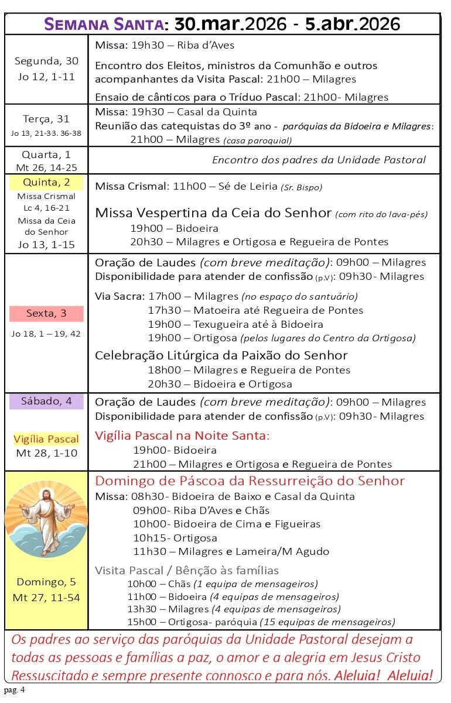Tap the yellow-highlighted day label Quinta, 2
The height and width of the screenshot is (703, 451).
(46, 182)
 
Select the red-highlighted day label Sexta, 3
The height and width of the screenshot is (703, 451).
(46, 314)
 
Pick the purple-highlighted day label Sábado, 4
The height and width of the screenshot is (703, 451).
(46, 402)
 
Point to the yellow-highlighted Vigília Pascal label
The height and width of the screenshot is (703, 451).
(46, 439)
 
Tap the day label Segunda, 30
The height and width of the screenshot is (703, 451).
(46, 61)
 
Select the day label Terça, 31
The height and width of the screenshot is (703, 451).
(46, 119)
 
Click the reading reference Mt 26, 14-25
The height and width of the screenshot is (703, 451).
(46, 167)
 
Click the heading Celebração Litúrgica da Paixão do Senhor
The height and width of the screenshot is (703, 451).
(221, 355)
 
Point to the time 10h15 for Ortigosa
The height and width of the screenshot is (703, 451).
(149, 537)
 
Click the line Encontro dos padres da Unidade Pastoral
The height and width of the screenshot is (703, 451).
(319, 160)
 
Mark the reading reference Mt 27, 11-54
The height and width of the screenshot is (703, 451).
(46, 598)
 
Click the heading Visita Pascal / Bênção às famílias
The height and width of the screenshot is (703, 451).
(187, 570)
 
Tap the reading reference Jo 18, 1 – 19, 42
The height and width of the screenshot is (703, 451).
(46, 334)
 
